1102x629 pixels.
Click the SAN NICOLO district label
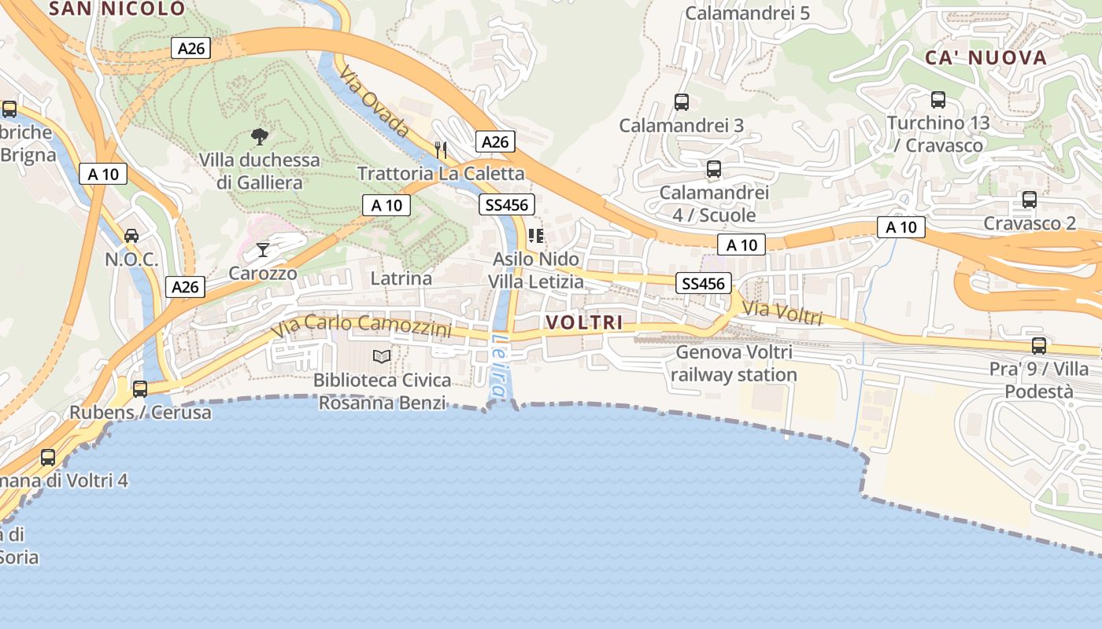tap(117, 9)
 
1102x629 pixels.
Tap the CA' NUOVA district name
tap(986, 57)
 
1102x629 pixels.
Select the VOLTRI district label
tap(584, 322)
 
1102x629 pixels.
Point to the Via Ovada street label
tap(375, 101)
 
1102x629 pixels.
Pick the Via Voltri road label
tap(782, 313)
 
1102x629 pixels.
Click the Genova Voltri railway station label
tap(734, 363)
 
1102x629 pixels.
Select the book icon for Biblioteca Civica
tap(382, 357)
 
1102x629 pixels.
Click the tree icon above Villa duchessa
tap(259, 137)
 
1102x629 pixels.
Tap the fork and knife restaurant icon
tap(441, 149)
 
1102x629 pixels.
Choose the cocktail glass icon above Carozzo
tap(263, 250)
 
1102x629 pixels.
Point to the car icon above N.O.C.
tap(131, 235)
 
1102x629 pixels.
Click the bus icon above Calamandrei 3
tap(682, 101)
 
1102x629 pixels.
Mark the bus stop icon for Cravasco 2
tap(1030, 200)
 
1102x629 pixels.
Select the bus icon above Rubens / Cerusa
tap(140, 388)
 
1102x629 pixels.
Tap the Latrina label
tap(401, 278)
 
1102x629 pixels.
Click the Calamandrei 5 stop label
tap(747, 13)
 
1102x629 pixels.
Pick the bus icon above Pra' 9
tap(1039, 346)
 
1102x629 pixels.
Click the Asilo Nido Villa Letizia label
tap(536, 270)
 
